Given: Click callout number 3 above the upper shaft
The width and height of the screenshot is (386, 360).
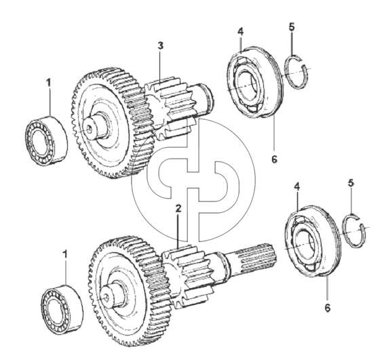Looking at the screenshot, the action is click(160, 46).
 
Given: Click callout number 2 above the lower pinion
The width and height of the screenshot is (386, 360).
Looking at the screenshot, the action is click(178, 208).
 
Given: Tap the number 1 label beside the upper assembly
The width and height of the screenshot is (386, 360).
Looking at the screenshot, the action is click(49, 83).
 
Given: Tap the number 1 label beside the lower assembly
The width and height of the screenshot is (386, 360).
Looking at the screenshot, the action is click(65, 254).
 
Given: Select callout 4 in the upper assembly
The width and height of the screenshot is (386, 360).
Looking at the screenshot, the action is click(240, 31).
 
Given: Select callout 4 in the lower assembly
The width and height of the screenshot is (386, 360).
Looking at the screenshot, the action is click(297, 186).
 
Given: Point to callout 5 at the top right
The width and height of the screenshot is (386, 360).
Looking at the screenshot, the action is click(292, 27).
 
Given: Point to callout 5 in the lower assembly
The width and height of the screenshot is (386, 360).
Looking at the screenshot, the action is click(351, 183).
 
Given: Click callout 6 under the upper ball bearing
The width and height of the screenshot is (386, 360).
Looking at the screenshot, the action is click(274, 159).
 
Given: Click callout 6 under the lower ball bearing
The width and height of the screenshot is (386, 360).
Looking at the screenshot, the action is click(328, 308).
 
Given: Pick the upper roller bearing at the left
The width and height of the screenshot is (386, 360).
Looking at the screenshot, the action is click(46, 140).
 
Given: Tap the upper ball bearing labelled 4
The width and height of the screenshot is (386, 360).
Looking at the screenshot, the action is click(255, 82).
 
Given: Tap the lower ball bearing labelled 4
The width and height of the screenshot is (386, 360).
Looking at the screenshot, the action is click(312, 241).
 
